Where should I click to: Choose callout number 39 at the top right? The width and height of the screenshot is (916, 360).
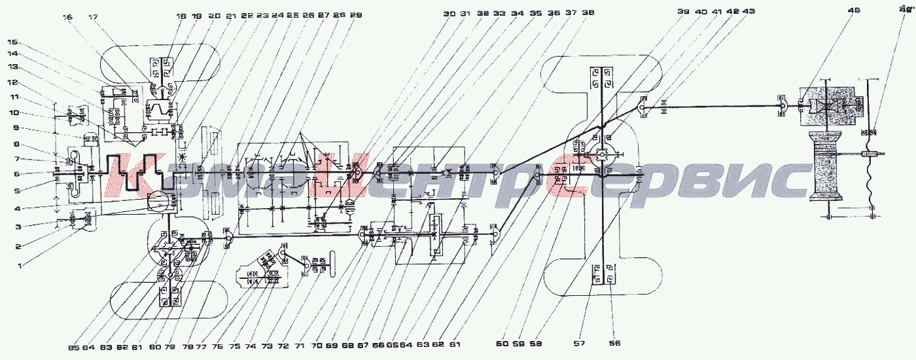click(x=683, y=12)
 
